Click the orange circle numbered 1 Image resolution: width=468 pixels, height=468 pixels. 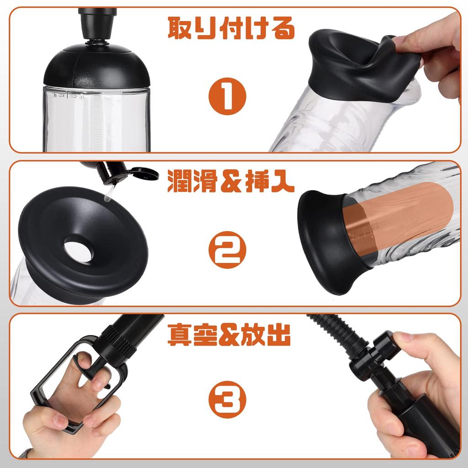coord(228,96)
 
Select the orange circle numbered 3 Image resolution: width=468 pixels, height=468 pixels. coord(228,399)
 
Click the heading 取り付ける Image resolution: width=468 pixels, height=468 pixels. coord(231,28)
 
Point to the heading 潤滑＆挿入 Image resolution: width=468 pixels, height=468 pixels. coord(231,181)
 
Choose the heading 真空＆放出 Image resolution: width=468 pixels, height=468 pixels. coord(229,335)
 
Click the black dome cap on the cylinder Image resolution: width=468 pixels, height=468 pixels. coord(96,67)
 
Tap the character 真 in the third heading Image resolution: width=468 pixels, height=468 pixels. coord(180,335)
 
